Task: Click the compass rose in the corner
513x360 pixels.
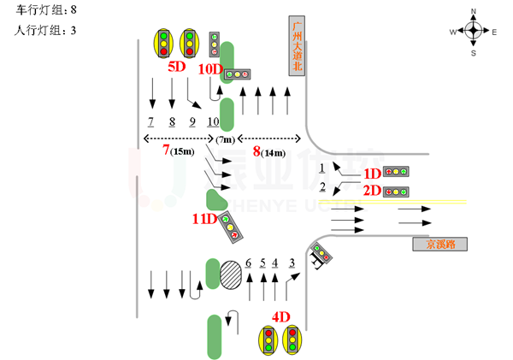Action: click(472, 31)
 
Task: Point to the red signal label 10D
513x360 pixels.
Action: click(209, 68)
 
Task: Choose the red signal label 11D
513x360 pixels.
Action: click(205, 219)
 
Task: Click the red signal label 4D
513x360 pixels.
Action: click(281, 316)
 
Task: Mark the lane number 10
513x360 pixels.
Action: click(213, 121)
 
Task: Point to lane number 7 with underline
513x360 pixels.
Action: click(150, 121)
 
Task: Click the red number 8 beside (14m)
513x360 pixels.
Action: click(256, 151)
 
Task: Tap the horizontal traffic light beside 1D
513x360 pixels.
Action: click(395, 172)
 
